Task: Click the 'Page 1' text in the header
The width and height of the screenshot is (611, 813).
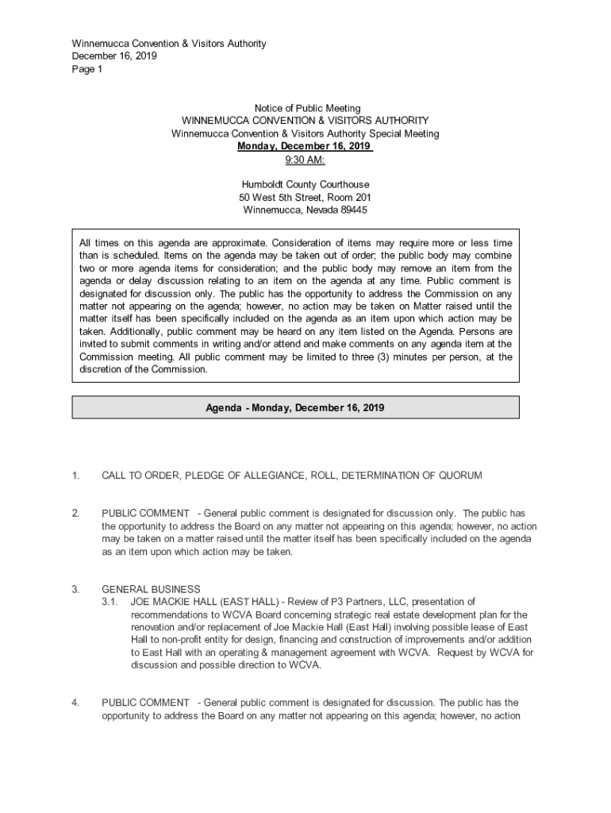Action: tap(87, 69)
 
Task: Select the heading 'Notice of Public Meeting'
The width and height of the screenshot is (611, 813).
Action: tap(307, 108)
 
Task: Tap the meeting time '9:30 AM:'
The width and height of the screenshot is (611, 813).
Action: tap(305, 159)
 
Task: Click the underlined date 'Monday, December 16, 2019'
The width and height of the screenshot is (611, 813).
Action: tap(305, 146)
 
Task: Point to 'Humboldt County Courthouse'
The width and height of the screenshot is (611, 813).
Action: tap(305, 184)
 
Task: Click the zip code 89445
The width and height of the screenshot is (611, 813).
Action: tap(352, 210)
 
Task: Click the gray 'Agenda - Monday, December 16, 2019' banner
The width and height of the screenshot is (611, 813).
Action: tap(295, 407)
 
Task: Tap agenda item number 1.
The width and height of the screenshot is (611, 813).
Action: tap(75, 476)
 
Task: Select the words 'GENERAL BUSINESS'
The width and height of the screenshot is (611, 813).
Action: tap(151, 589)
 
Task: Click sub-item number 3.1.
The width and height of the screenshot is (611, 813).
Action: tap(111, 602)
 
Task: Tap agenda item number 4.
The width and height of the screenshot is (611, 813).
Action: tap(75, 703)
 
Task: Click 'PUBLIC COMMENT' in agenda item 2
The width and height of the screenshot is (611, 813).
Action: tap(145, 514)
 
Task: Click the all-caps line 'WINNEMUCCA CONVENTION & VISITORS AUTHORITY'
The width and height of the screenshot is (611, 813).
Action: tap(305, 121)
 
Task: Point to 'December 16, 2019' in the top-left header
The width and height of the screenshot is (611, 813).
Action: tap(114, 56)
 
